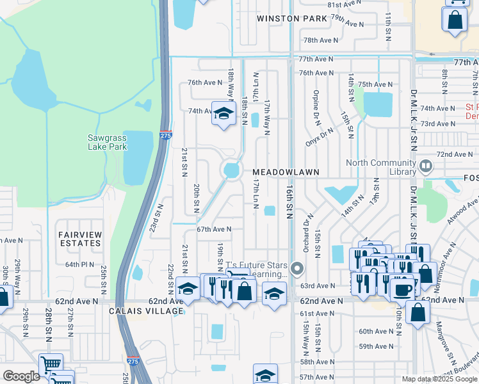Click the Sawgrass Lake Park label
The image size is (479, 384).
click(108, 142)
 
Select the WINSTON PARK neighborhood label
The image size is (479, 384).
click(292, 19)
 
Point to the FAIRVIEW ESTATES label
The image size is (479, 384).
click(80, 239)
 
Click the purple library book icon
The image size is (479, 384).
click(425, 167)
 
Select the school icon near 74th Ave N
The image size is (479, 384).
click(223, 114)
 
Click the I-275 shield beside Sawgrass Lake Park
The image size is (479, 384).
click(165, 135)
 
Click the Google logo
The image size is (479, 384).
click(21, 376)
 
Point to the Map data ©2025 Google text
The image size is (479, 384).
click(439, 379)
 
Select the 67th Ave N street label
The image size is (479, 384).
click(213, 228)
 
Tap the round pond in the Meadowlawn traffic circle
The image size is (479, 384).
click(231, 170)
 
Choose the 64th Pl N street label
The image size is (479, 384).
click(79, 264)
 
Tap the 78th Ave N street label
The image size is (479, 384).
click(320, 40)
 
